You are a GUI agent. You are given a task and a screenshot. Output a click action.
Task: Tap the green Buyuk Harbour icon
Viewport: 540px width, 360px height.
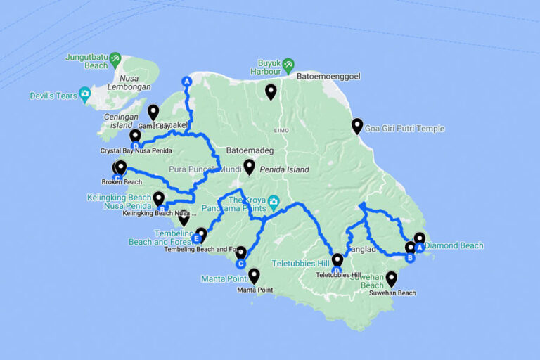pyautogui.click(x=288, y=66)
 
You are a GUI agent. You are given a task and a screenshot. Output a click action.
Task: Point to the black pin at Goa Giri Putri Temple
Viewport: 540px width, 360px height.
pyautogui.click(x=357, y=126)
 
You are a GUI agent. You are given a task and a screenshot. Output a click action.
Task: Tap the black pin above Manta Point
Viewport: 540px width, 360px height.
pyautogui.click(x=254, y=276)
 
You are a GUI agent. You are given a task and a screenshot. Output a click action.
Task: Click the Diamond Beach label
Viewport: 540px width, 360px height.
pyautogui.click(x=454, y=245)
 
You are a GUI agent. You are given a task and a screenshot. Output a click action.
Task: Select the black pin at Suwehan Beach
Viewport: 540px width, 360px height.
pyautogui.click(x=392, y=278)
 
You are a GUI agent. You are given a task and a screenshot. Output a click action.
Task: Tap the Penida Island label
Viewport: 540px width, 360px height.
pyautogui.click(x=284, y=169)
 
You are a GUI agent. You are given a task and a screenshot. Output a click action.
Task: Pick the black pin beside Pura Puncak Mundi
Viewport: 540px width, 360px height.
pyautogui.click(x=249, y=167)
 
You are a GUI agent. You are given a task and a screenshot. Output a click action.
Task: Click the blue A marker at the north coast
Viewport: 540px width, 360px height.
pyautogui.click(x=186, y=82)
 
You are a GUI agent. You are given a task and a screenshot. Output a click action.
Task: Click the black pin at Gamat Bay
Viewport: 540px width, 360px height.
pyautogui.click(x=153, y=112)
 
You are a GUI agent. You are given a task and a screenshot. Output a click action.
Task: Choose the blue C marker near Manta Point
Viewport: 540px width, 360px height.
pyautogui.click(x=240, y=264)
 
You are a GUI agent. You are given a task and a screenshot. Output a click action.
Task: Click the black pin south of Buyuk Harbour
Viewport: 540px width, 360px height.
pyautogui.click(x=271, y=91)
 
